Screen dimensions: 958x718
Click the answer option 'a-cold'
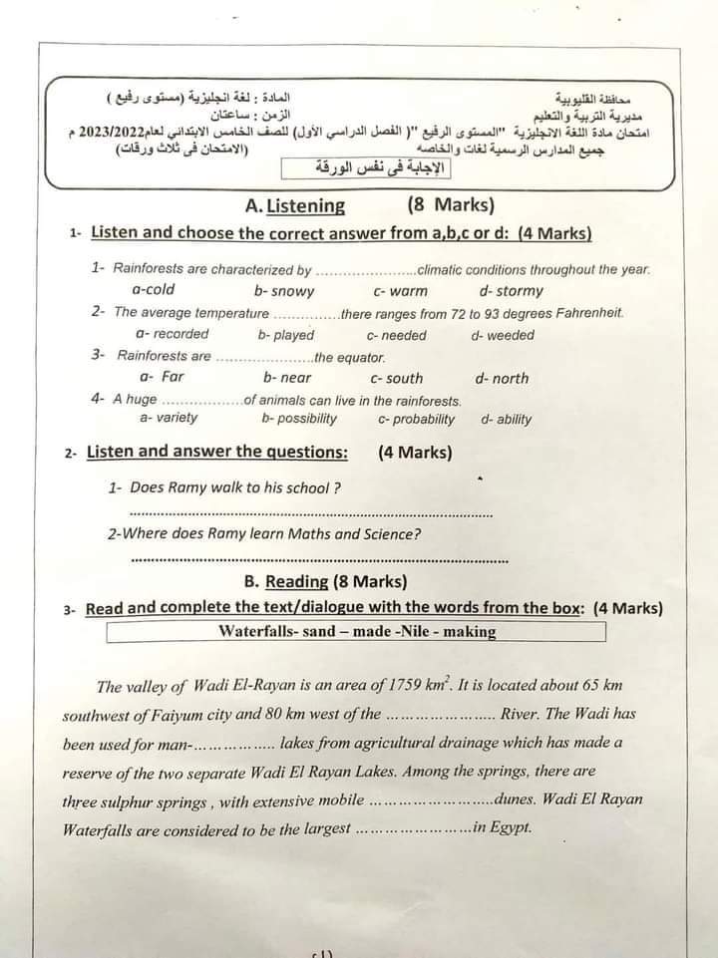coord(153,290)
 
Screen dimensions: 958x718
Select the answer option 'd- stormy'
coord(511,291)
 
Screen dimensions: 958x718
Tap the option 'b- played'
coord(285,335)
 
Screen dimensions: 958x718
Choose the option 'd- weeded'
coord(503,335)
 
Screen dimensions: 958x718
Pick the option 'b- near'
coord(287,378)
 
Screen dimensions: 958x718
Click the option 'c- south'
coord(396,379)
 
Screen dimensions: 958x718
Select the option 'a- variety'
coord(169,418)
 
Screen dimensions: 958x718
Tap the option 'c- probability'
coord(416,419)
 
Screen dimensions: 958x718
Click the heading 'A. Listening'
coord(295,206)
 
